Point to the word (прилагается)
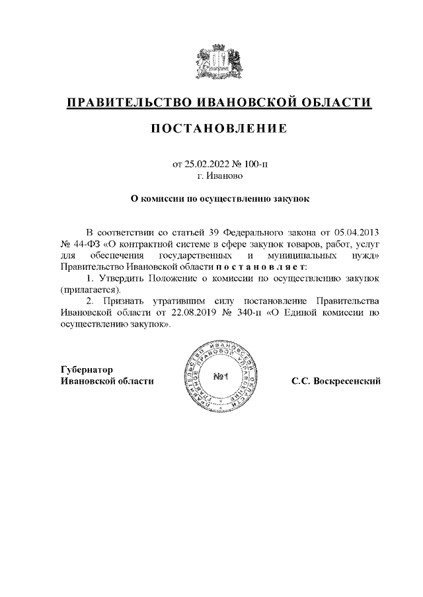[x=90, y=290]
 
